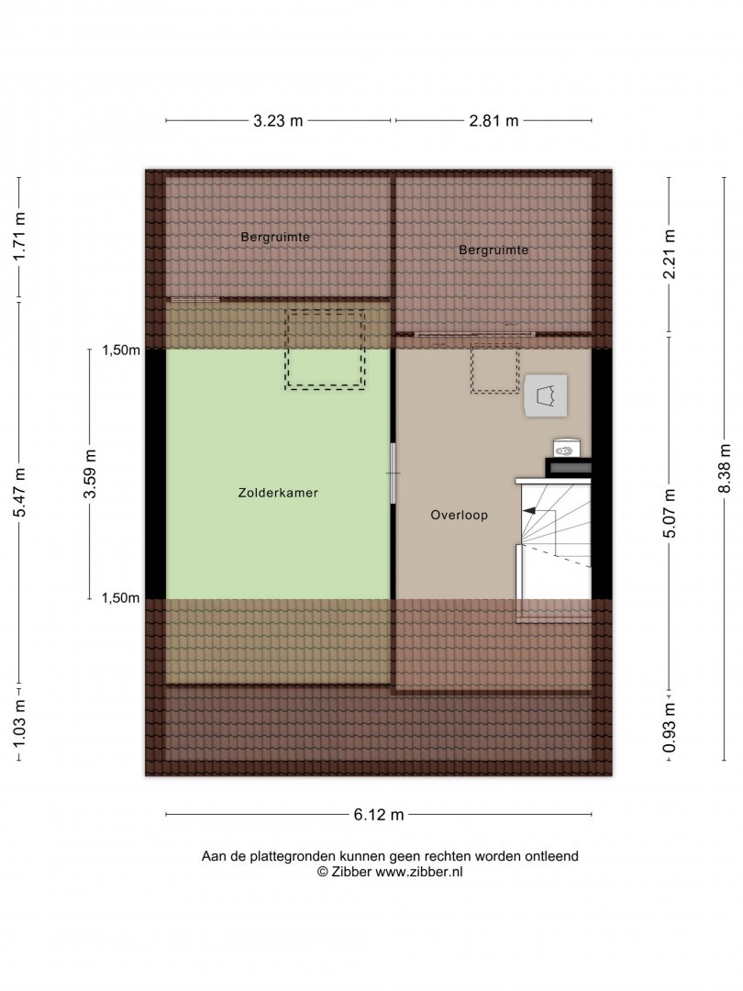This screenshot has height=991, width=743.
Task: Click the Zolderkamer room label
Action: tap(278, 493)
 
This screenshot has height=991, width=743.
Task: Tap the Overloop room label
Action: tap(460, 515)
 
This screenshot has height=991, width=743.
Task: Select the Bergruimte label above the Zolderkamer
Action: tap(275, 237)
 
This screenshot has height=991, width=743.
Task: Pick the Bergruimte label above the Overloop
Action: tap(493, 250)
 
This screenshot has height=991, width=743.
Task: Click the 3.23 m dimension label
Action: tap(278, 121)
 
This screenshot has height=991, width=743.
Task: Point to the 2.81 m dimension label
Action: tap(493, 121)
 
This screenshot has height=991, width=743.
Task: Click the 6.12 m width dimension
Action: tap(379, 815)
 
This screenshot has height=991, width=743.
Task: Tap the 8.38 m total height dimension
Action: tap(725, 468)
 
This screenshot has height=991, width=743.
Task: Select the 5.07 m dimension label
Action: tap(669, 513)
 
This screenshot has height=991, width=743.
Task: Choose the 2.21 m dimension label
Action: tap(669, 254)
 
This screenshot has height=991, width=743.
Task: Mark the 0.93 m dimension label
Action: tap(669, 728)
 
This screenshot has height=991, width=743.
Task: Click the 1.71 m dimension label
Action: tap(19, 237)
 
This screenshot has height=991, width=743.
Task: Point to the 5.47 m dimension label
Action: tap(19, 493)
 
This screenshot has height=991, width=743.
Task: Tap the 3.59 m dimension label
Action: tap(90, 474)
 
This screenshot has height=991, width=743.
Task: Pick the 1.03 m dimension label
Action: tap(19, 722)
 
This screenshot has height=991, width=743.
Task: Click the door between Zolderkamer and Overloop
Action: tap(393, 473)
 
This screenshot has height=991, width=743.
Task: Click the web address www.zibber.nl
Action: tap(419, 873)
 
